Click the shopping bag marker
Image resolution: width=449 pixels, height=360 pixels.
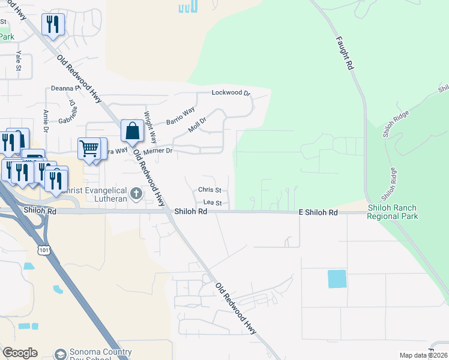click(x=131, y=130)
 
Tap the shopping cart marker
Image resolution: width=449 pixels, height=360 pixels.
click(x=89, y=148)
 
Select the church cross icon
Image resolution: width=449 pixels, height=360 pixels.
click(x=136, y=193)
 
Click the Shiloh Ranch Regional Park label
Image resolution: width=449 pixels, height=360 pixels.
click(x=393, y=212)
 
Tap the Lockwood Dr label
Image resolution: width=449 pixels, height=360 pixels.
click(x=231, y=93)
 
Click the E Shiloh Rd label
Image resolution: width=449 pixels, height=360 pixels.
click(x=318, y=213)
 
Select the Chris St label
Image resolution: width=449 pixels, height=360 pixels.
click(x=209, y=190)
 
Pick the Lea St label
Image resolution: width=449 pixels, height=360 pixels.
click(x=212, y=203)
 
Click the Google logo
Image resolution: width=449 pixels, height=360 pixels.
click(x=20, y=353)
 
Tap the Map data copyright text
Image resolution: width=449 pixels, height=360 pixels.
click(x=423, y=355)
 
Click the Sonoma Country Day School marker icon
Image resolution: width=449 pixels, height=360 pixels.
click(x=59, y=354)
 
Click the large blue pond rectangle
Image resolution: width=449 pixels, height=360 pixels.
click(x=337, y=279)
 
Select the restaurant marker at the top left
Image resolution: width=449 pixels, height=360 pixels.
click(x=52, y=24)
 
